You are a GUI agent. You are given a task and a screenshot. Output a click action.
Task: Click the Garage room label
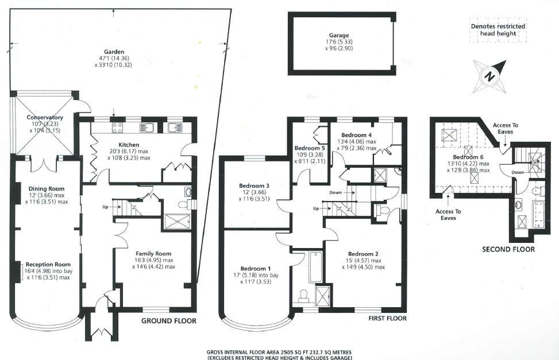point(339,35)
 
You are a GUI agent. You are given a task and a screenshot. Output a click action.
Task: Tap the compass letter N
point(490,76)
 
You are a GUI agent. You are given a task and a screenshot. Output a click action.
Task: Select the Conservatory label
point(45,117)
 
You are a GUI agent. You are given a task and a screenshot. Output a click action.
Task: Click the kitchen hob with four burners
point(118,127)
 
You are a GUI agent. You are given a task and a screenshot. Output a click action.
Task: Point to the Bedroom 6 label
point(468,157)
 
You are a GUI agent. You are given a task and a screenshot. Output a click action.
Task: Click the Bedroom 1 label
point(256,268)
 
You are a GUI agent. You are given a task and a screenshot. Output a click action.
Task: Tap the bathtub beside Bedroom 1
point(315,268)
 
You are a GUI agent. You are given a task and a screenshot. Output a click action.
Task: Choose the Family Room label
point(153,253)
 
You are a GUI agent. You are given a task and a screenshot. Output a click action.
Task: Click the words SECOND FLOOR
point(508,249)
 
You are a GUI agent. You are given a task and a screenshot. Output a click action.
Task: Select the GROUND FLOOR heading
point(169,321)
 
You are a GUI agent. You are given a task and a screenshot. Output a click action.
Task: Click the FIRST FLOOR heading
point(388,318)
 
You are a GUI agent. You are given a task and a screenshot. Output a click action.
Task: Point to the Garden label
point(114,52)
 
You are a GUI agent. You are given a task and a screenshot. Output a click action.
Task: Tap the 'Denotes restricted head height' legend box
point(498,30)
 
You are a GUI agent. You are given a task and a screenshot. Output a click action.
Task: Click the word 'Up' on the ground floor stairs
point(105,207)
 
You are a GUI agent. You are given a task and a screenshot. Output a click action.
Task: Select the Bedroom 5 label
point(310,148)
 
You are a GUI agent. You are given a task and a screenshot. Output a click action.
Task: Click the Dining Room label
point(47,188)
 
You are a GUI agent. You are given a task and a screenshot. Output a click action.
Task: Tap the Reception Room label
point(48,265)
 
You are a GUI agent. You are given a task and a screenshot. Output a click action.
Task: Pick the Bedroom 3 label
point(254,185)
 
